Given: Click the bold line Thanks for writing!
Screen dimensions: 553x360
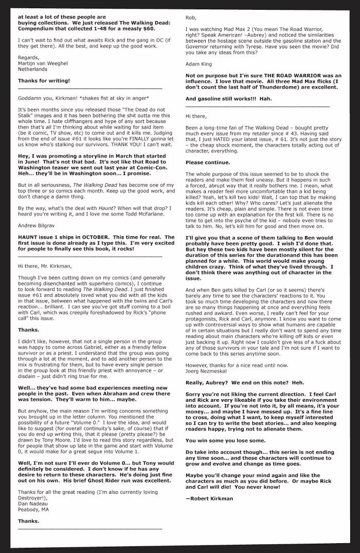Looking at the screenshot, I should point(44,81).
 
